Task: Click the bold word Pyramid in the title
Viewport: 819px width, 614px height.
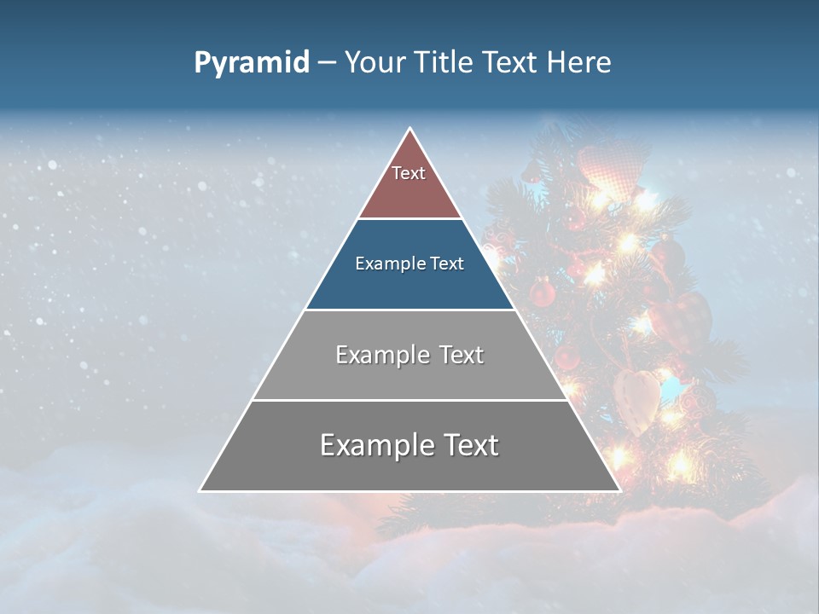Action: [251, 63]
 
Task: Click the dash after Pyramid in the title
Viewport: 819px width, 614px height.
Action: [326, 63]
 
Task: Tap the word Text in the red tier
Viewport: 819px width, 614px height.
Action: [409, 173]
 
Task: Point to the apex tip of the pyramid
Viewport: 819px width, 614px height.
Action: [410, 129]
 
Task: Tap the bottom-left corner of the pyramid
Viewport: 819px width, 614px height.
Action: [200, 490]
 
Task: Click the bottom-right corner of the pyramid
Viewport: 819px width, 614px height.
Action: [619, 490]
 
